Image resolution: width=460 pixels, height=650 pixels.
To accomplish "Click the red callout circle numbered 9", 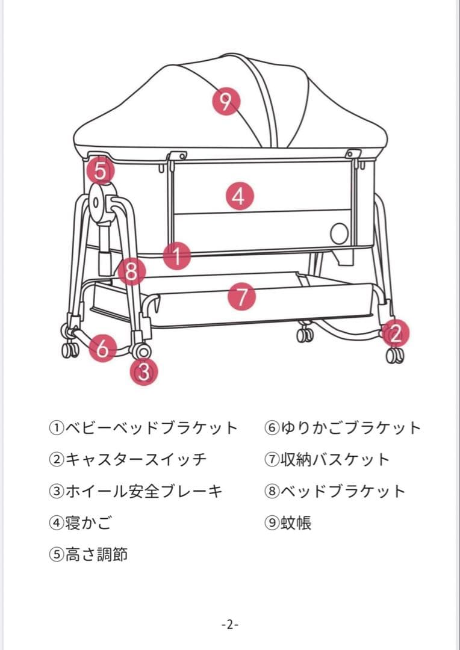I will (225, 101).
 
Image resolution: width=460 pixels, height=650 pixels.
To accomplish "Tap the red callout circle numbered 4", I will (239, 196).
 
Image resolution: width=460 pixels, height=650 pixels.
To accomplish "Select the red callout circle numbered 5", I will (101, 171).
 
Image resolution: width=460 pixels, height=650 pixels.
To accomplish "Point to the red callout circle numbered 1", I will (177, 255).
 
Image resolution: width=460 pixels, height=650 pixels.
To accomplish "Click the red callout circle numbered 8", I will (131, 271).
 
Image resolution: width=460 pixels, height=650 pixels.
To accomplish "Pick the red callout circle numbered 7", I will (241, 297).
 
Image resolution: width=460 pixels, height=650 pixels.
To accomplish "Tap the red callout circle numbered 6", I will (103, 348).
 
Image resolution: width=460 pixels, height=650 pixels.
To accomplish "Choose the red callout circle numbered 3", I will (144, 372).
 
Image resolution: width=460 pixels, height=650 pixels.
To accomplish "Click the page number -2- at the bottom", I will (229, 624).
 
